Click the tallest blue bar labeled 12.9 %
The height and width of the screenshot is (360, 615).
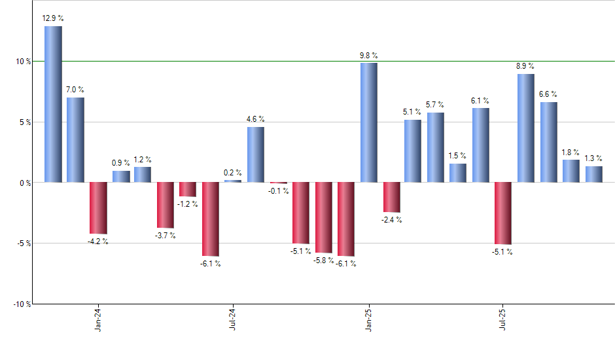point(53,104)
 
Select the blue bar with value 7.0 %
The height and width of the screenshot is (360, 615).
point(75,139)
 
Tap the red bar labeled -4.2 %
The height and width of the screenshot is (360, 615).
point(98,207)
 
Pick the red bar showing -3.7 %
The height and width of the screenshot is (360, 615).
point(165,204)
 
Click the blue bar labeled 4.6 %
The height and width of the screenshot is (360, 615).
point(256,154)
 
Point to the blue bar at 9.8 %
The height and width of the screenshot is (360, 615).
point(368,122)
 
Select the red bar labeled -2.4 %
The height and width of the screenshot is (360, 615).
point(391,197)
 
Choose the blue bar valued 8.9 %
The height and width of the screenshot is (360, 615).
point(525,128)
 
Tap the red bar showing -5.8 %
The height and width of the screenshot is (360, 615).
point(323,217)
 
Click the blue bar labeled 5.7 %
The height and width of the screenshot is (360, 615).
point(436,147)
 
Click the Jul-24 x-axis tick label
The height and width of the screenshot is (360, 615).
point(233,320)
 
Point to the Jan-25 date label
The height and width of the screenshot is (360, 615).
point(368,320)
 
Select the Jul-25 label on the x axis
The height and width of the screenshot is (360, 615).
point(503,320)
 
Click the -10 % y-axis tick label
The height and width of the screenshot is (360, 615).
point(22,304)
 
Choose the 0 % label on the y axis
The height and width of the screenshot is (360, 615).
point(25,183)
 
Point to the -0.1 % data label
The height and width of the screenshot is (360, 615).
point(279,191)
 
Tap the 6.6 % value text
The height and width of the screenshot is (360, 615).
point(548,94)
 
